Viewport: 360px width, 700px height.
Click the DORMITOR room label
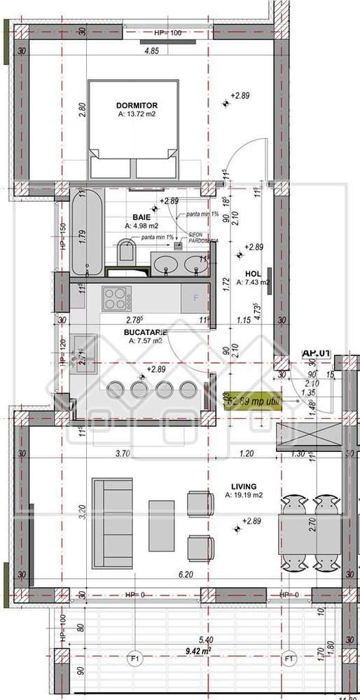[x=137, y=105]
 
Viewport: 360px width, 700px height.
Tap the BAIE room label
[x=141, y=217]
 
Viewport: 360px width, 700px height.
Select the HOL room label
[x=252, y=273]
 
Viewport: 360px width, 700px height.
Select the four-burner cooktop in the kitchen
[x=116, y=298]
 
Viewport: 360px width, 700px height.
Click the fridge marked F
[x=195, y=298]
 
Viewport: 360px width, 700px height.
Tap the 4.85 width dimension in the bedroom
[x=151, y=51]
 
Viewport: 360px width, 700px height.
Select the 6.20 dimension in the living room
[x=185, y=575]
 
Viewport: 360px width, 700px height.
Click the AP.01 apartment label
[x=315, y=354]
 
